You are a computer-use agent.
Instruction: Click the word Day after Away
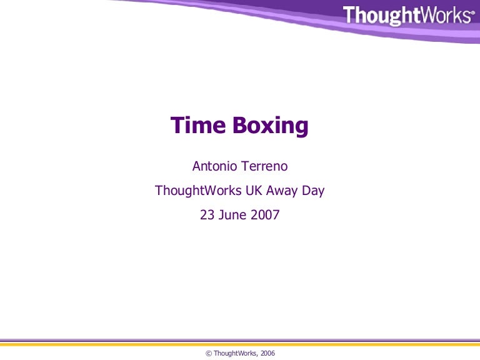tap(313, 191)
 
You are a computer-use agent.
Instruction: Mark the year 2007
tap(264, 215)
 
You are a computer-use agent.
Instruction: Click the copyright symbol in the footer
tap(208, 354)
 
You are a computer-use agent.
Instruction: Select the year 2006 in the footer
tap(267, 354)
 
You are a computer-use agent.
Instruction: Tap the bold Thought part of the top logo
tap(381, 15)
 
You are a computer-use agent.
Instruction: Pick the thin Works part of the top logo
tap(444, 15)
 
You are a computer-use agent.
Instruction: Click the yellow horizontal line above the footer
tap(240, 344)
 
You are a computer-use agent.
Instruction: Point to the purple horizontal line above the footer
tap(240, 341)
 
